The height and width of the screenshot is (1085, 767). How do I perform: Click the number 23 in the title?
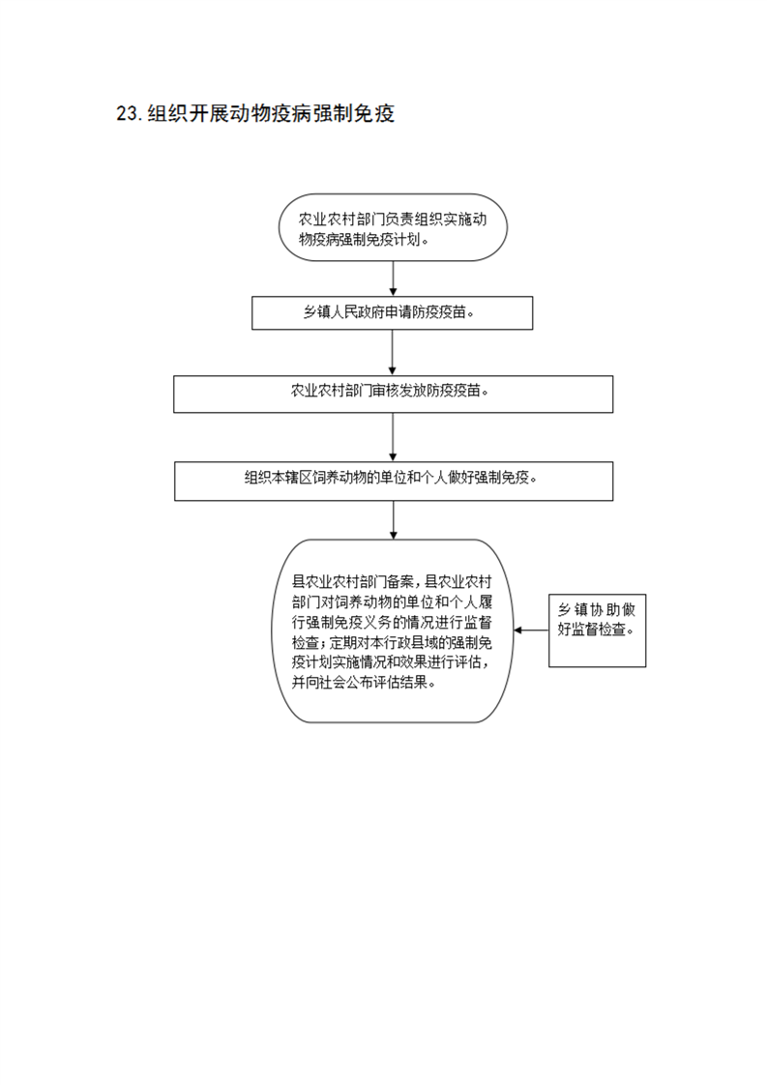128,113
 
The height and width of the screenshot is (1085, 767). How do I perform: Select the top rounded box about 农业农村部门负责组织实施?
393,227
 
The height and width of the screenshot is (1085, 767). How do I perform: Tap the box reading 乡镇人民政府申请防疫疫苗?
393,312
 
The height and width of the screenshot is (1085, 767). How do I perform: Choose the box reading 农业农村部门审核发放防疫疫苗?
394,395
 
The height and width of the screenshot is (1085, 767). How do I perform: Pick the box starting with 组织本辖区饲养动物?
394,481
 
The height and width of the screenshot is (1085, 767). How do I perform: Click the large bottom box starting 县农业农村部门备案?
393,631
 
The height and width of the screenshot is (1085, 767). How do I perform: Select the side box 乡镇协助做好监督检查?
598,630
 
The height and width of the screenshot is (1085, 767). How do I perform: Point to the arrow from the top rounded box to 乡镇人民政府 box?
394,279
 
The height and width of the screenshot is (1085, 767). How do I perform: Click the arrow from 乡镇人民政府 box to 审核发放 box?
393,353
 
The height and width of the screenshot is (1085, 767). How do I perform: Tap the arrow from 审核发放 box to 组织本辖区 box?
394,437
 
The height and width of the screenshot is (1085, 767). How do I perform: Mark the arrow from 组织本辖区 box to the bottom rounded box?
394,520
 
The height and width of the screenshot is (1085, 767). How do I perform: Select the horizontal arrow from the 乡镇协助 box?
532,630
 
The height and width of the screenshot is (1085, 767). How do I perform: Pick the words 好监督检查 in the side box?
592,630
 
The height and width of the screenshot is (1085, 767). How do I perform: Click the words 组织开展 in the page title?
189,113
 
